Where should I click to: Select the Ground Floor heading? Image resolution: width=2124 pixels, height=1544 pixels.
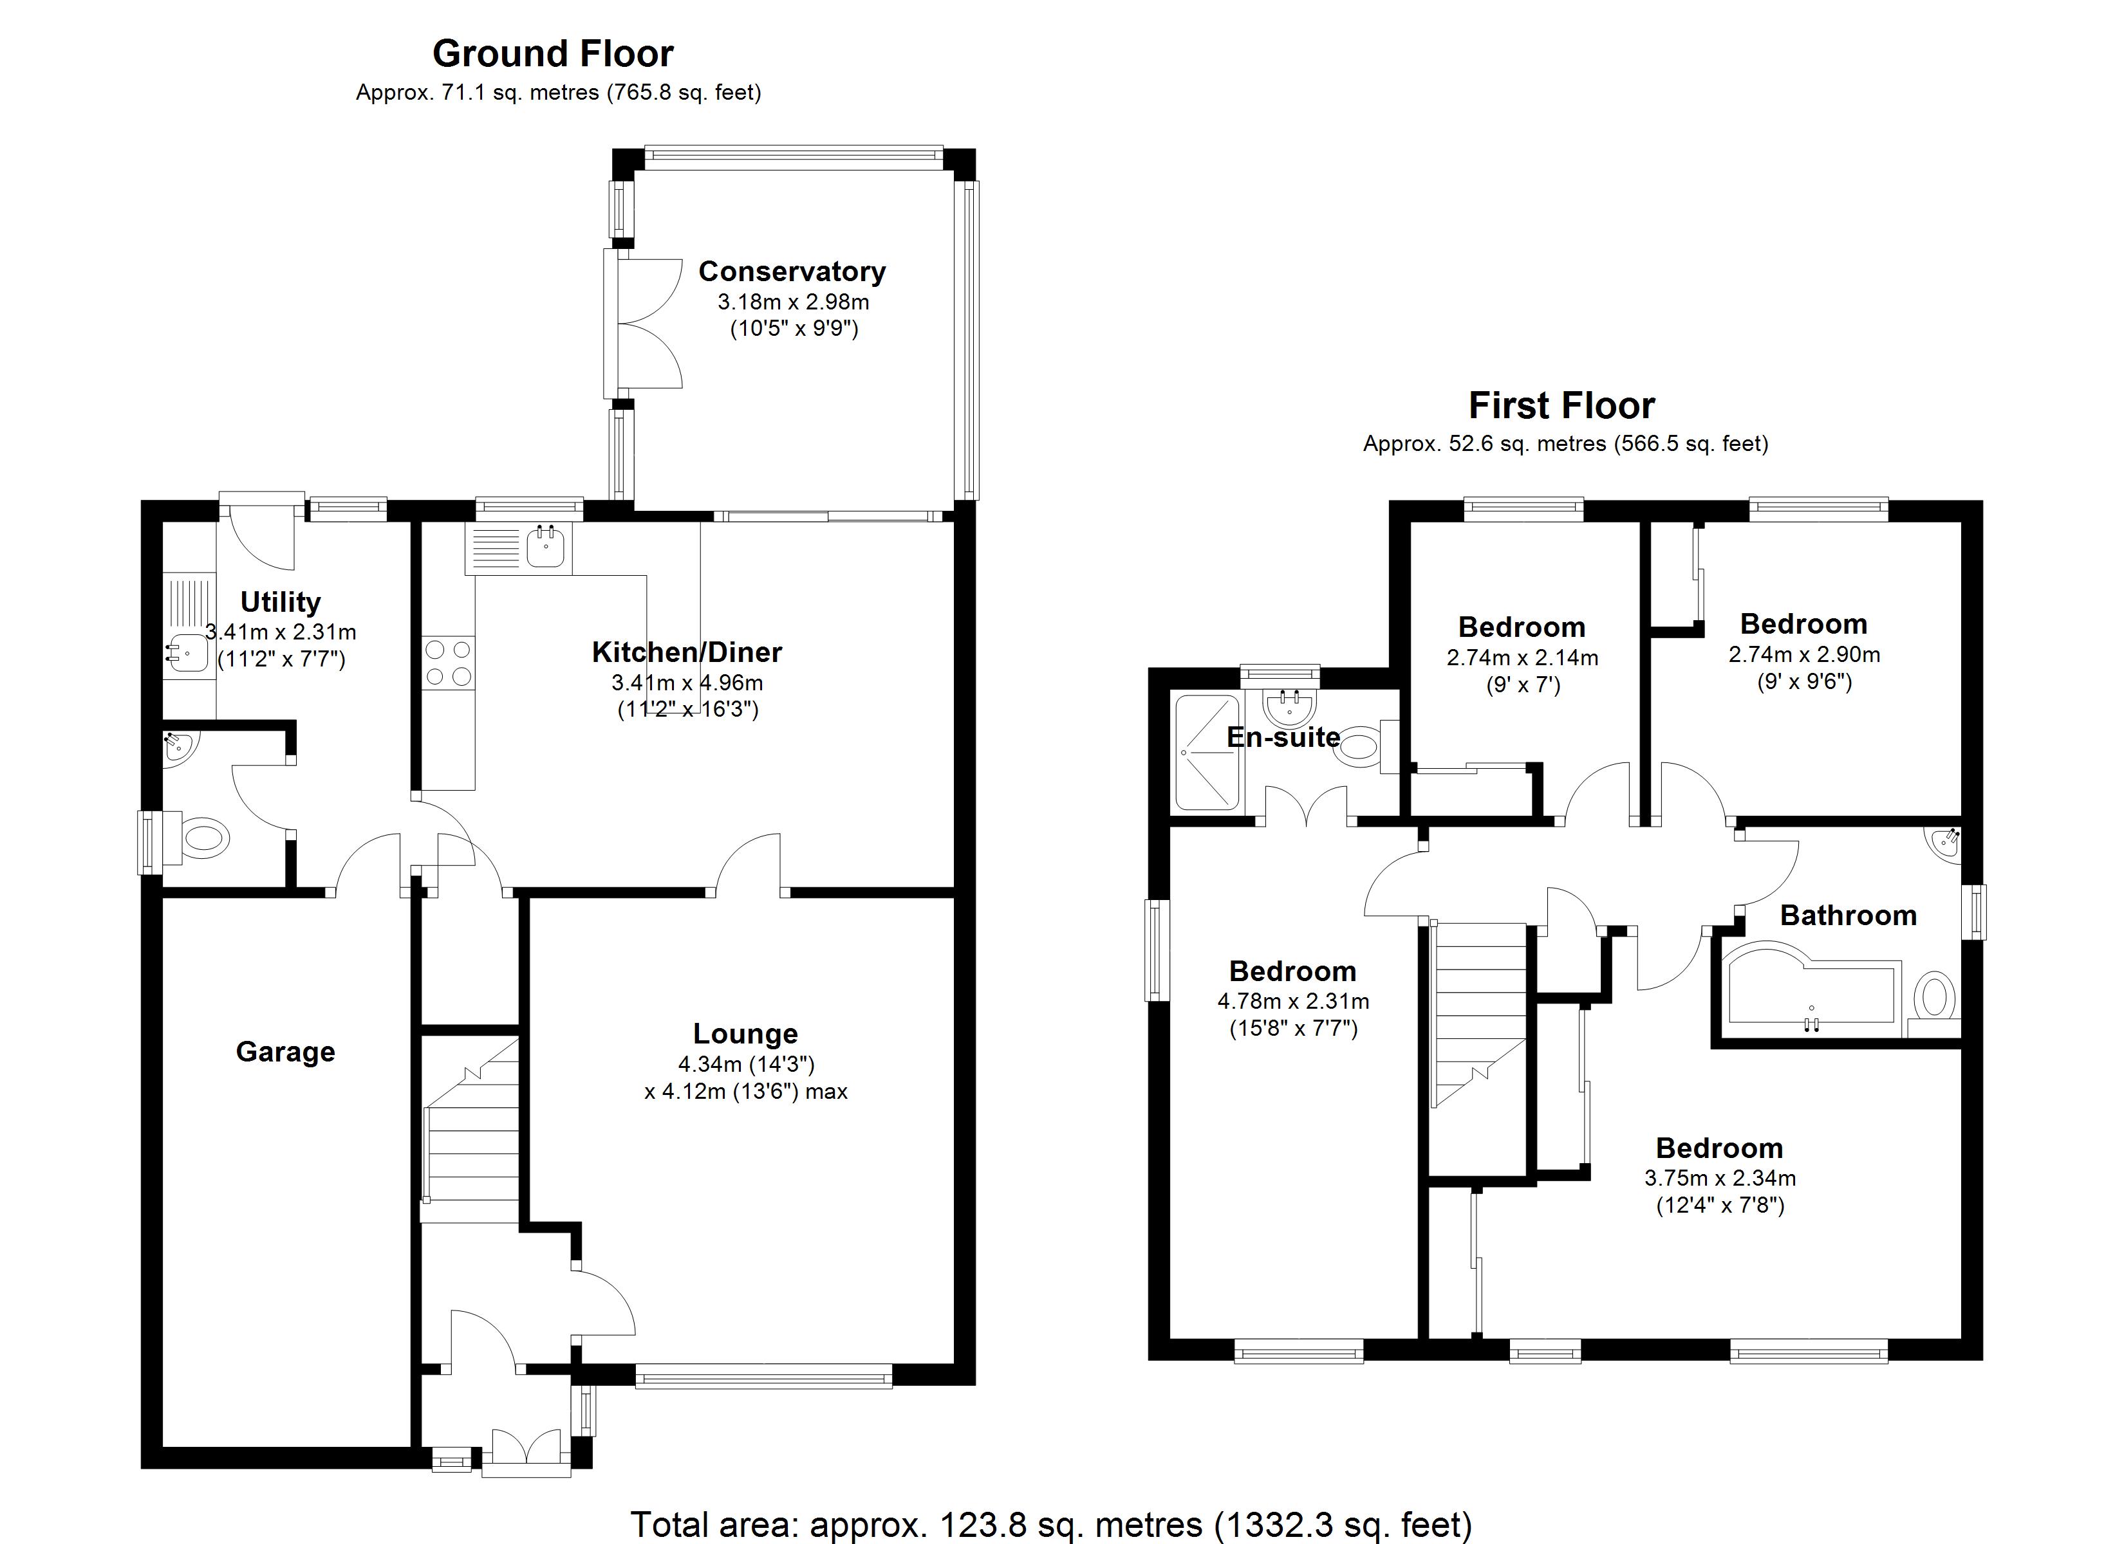coord(552,54)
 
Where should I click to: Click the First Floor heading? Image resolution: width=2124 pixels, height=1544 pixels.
coord(1561,405)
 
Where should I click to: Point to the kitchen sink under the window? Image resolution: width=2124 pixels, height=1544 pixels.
coord(546,547)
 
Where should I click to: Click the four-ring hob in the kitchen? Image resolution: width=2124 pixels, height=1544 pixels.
coord(448,663)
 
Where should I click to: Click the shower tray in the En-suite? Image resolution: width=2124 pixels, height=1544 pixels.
coord(1207,752)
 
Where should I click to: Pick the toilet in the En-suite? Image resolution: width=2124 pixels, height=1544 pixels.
coord(1363,746)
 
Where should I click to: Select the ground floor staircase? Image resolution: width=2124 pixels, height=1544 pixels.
coord(471,1137)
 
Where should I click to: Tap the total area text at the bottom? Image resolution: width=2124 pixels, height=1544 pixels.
coord(1051,1524)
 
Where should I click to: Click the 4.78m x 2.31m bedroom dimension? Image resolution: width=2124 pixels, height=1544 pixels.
coord(1292,1001)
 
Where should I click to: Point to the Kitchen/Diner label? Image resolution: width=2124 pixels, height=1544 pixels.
coord(687,652)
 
